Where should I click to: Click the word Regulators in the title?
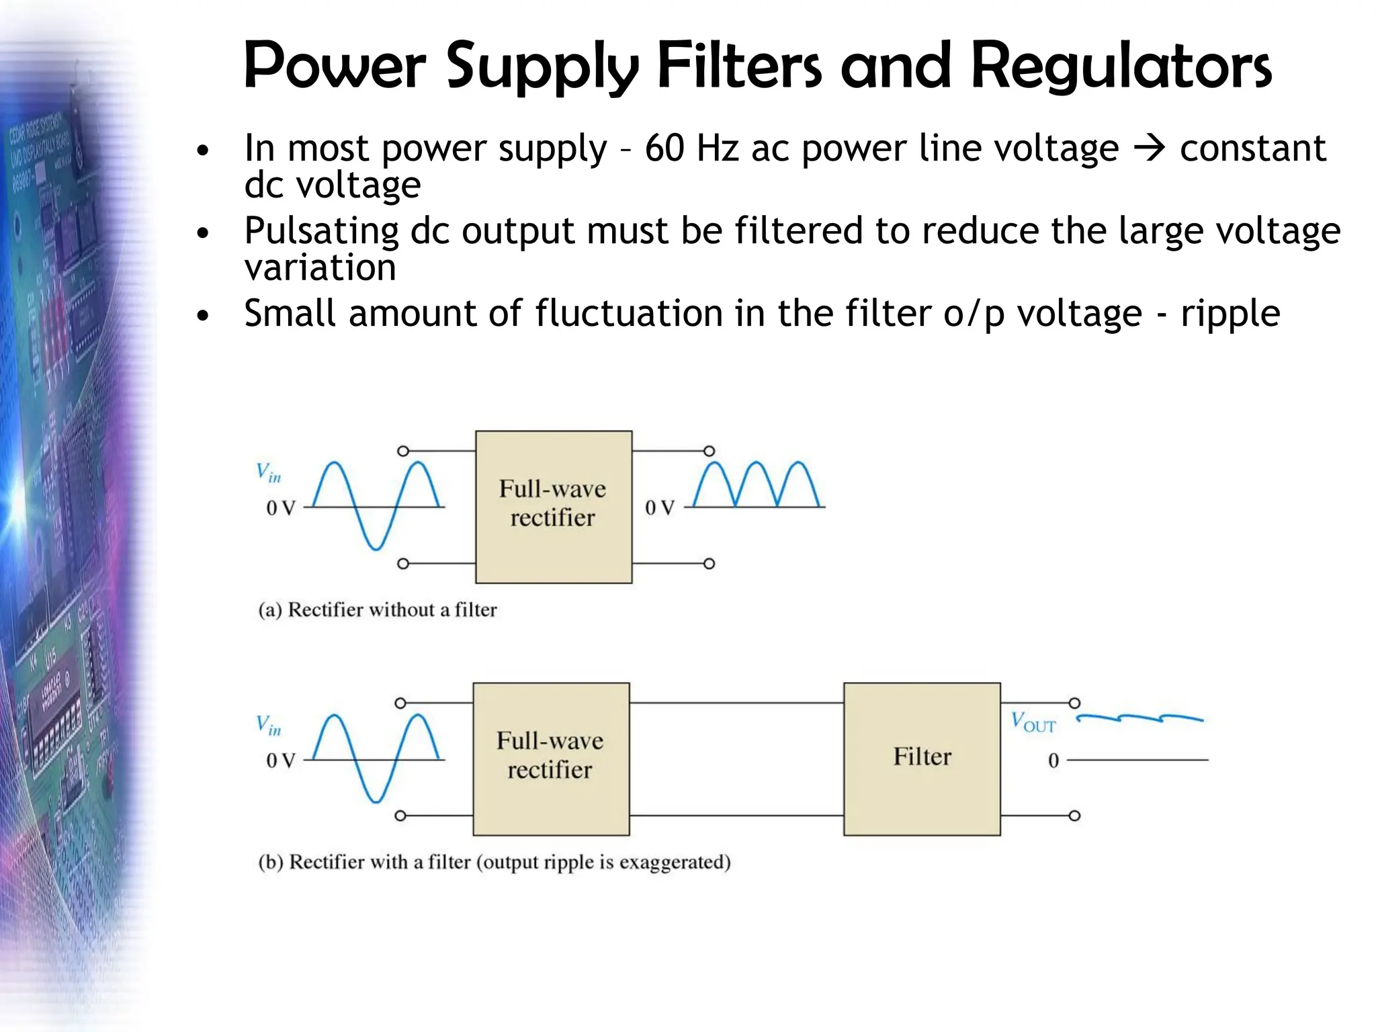coord(1121,67)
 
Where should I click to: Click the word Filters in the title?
coord(739,67)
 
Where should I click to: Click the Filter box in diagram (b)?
coord(922,759)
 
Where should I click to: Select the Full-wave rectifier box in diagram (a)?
coord(553,507)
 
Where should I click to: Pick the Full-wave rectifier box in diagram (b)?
coord(550,759)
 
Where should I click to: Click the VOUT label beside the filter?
coord(1033,722)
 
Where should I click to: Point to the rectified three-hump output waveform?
coord(757,484)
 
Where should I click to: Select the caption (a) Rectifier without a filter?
coord(378,609)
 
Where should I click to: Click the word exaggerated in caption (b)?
coord(674,862)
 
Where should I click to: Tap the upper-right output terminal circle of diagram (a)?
coord(709,451)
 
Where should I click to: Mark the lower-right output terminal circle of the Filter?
coord(1074,816)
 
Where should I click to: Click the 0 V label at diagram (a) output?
coord(659,508)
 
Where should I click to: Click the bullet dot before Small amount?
coord(203,315)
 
